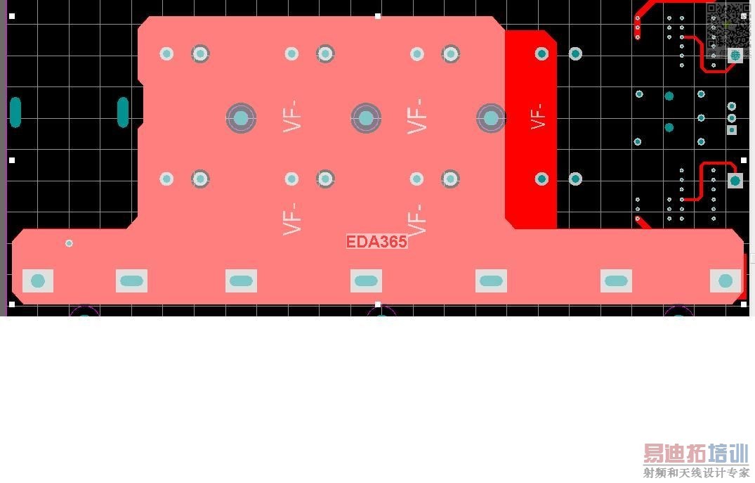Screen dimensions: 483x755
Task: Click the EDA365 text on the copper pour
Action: click(x=376, y=242)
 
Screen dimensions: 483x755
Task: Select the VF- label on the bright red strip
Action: click(x=539, y=116)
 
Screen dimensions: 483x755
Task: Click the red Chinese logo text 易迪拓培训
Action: click(x=696, y=453)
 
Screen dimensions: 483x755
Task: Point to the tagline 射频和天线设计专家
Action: click(x=696, y=473)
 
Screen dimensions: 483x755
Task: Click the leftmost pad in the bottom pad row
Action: click(x=38, y=281)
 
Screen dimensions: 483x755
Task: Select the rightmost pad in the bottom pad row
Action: click(x=726, y=281)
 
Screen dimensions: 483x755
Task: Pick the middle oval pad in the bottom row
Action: click(x=366, y=281)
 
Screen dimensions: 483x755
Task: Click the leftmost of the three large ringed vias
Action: click(x=241, y=118)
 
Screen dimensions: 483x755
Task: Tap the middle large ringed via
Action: click(x=366, y=118)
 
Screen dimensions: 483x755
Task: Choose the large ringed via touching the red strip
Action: click(x=491, y=118)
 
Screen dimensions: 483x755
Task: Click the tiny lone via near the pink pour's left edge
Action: click(x=69, y=243)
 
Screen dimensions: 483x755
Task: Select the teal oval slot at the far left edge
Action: click(x=15, y=112)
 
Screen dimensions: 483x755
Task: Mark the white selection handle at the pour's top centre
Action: click(x=378, y=15)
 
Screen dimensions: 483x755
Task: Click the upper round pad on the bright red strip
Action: click(x=541, y=53)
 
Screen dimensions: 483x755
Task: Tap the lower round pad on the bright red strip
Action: click(x=541, y=179)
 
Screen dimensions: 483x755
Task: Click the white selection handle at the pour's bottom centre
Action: click(x=378, y=305)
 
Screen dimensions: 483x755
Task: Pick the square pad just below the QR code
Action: click(x=735, y=55)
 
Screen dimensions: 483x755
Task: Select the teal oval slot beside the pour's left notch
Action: click(x=123, y=112)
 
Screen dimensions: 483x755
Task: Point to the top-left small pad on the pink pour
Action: click(x=166, y=53)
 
